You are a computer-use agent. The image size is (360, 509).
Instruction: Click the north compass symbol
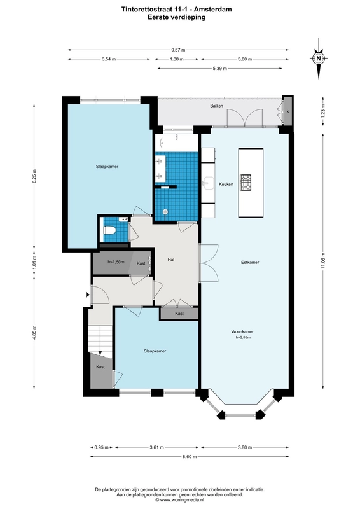(319, 59)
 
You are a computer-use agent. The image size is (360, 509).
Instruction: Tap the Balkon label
(216, 106)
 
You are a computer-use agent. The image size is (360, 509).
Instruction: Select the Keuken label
(226, 184)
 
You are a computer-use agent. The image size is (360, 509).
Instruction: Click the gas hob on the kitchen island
(246, 183)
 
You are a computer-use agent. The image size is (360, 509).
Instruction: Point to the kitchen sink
(208, 183)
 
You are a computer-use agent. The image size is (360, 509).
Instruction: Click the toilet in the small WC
(109, 230)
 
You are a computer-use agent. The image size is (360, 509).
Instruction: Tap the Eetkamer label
(250, 262)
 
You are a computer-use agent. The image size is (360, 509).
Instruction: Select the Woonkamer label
(242, 331)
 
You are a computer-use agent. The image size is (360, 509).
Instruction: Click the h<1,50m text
(116, 262)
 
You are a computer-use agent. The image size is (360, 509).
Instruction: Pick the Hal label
(170, 260)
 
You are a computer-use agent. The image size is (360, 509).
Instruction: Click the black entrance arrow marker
(87, 295)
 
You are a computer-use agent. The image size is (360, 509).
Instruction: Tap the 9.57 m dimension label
(178, 50)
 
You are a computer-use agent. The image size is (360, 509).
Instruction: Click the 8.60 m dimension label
(190, 456)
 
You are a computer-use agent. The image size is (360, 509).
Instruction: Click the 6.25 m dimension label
(34, 177)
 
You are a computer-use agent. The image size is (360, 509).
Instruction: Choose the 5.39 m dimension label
(220, 69)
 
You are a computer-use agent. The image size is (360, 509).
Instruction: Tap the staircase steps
(100, 338)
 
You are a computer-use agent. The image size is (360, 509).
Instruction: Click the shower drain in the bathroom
(165, 212)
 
